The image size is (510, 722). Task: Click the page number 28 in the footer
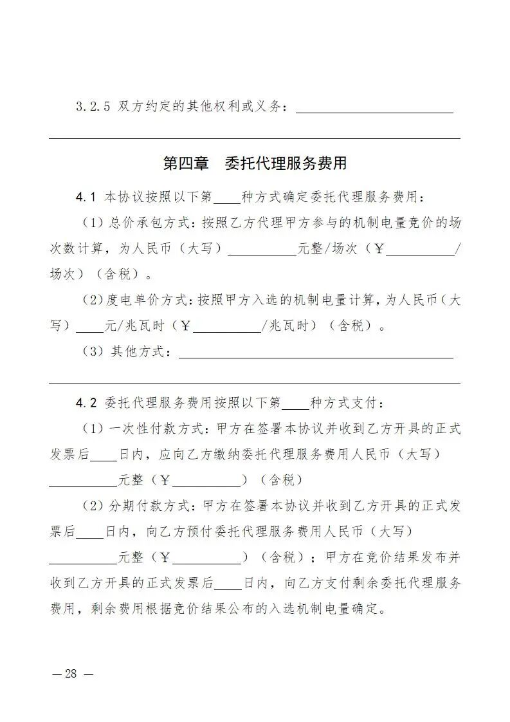click(71, 674)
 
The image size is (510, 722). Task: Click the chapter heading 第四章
click(186, 163)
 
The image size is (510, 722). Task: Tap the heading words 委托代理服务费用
click(286, 163)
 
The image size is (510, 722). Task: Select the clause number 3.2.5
click(94, 106)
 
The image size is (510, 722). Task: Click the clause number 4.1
click(86, 196)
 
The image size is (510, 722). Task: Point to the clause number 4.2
click(86, 403)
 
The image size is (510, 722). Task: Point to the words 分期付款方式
click(150, 506)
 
